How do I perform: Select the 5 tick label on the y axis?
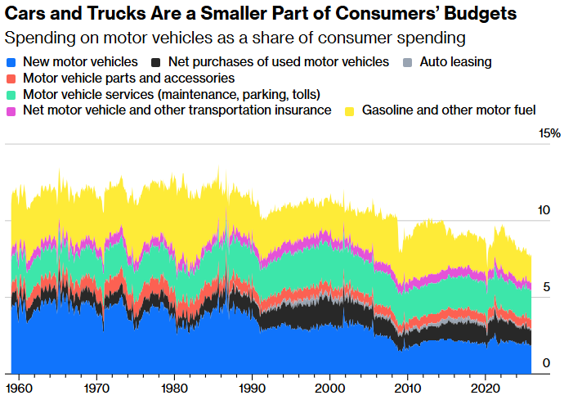546,287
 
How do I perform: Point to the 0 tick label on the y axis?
546,363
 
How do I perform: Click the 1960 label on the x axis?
20,386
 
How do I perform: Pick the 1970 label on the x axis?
97,386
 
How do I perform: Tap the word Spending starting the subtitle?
35,38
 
